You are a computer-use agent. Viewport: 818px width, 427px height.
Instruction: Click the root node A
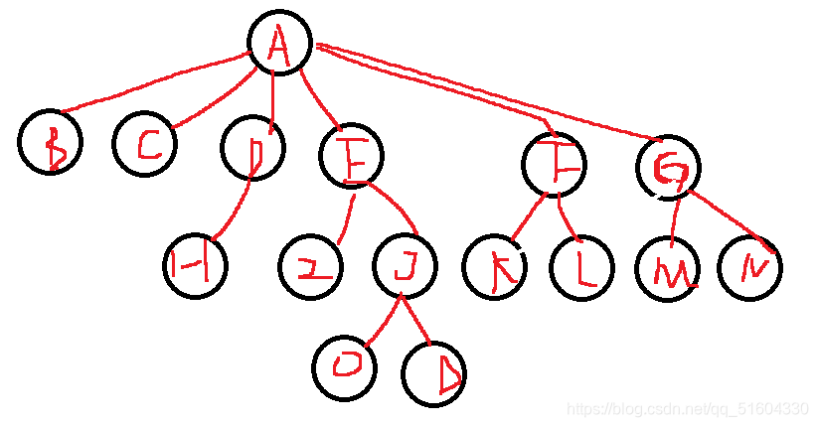278,44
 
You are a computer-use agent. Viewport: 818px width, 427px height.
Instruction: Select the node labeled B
50,143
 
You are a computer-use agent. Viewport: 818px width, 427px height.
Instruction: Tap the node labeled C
145,145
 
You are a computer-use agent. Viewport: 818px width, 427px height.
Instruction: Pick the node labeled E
352,157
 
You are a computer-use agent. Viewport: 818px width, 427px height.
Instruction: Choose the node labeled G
668,167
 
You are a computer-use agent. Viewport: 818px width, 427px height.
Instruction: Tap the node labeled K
495,266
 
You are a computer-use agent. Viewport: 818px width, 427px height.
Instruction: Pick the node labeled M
668,268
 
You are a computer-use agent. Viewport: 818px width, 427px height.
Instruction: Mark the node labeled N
750,266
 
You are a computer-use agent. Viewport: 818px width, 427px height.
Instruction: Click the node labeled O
345,366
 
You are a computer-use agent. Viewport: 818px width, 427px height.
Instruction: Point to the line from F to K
527,218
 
